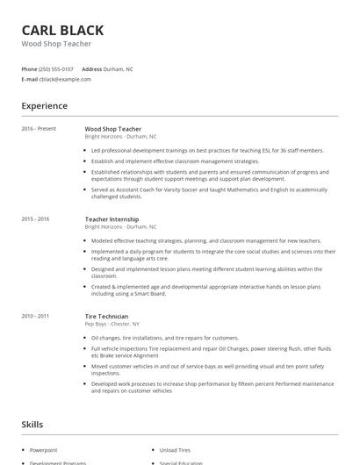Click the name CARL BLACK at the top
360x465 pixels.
pos(62,30)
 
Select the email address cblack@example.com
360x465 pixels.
pos(65,79)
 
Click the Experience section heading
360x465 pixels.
pos(44,106)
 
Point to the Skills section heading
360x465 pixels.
pos(32,424)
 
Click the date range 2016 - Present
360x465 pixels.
pos(39,129)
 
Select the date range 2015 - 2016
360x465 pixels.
pos(35,218)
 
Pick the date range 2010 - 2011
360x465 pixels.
pos(35,316)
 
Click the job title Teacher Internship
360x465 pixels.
pos(112,218)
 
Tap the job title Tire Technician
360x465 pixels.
pos(106,316)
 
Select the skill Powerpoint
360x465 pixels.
pos(43,448)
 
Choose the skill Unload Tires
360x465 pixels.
pos(175,448)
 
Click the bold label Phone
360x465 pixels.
pos(29,68)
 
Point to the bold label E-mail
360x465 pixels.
pos(29,79)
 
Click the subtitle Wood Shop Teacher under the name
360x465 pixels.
pos(56,43)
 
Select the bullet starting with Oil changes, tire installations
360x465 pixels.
pos(165,338)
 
